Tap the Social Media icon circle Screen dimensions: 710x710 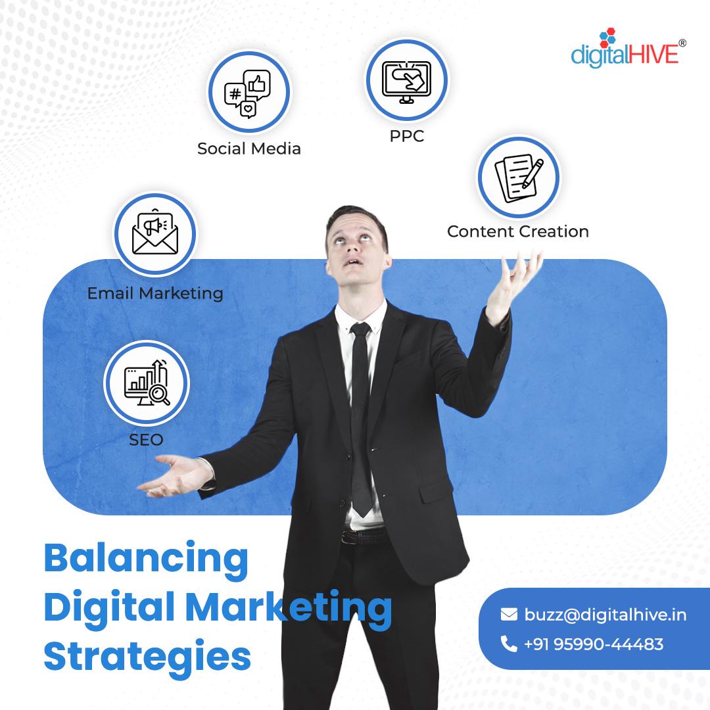click(x=249, y=92)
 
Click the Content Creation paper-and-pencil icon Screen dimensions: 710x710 click(x=519, y=177)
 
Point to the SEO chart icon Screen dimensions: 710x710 click(x=147, y=383)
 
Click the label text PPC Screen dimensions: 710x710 click(x=407, y=136)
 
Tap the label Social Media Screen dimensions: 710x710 click(x=249, y=149)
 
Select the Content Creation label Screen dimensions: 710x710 click(x=518, y=231)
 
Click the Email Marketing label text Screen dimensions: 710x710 click(x=155, y=293)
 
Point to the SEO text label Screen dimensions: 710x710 click(x=146, y=440)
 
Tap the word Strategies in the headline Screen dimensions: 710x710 click(x=148, y=657)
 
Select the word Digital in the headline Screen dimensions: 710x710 click(x=109, y=607)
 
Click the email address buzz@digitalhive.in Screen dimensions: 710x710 click(x=605, y=615)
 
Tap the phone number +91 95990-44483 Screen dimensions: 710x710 click(x=594, y=644)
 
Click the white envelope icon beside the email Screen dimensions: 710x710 click(x=509, y=615)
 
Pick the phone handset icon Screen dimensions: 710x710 click(x=509, y=644)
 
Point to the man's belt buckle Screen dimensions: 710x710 click(x=349, y=538)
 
